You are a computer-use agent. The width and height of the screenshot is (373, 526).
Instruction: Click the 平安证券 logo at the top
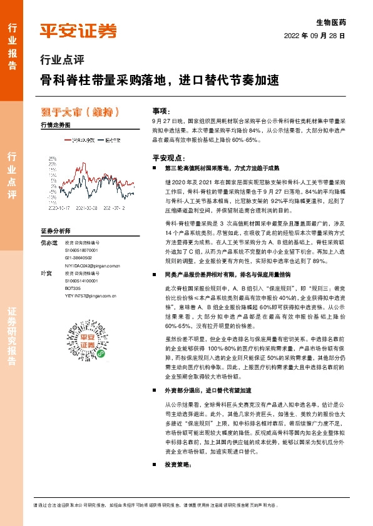click(78, 30)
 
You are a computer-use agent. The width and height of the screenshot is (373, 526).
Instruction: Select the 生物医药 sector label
click(332, 22)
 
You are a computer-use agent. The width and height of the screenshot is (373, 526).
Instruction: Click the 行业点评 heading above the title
click(61, 61)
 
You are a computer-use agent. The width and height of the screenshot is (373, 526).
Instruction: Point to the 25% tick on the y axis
click(51, 159)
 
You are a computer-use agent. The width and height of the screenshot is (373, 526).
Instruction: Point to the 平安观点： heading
click(166, 158)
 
